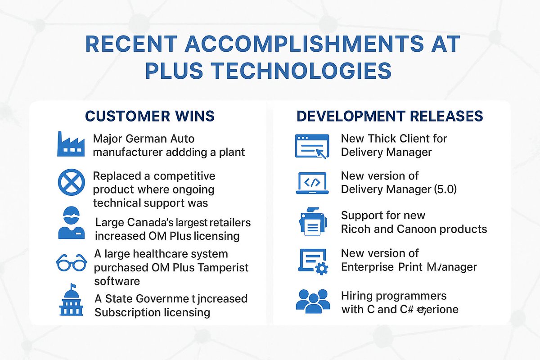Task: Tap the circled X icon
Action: click(x=72, y=183)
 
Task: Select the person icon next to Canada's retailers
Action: click(x=72, y=223)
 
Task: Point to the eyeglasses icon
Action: click(x=72, y=262)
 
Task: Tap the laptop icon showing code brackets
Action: click(x=312, y=183)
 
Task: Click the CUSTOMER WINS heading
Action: click(x=150, y=116)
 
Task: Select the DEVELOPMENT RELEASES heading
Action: click(x=390, y=116)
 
